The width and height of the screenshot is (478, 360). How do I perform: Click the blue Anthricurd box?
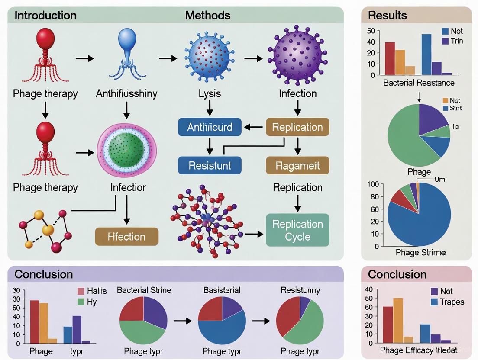(210, 127)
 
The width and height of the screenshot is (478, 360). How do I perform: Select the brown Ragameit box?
(297, 165)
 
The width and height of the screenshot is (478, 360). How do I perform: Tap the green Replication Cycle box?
(297, 230)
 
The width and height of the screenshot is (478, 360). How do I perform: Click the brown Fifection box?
(126, 237)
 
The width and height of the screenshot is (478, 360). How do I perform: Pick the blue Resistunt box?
(210, 165)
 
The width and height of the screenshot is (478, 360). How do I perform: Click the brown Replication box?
(297, 127)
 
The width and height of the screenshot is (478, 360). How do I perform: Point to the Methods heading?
(207, 16)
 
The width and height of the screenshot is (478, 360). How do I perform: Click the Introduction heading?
(45, 16)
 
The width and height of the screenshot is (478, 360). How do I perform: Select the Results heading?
(387, 16)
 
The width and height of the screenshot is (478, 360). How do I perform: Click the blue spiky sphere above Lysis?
(210, 54)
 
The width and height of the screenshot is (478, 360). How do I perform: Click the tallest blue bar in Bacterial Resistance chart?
(426, 55)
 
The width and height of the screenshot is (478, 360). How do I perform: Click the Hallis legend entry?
(91, 291)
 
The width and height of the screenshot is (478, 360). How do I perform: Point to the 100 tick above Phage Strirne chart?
(373, 184)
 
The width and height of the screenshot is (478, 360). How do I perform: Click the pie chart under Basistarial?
(222, 320)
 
